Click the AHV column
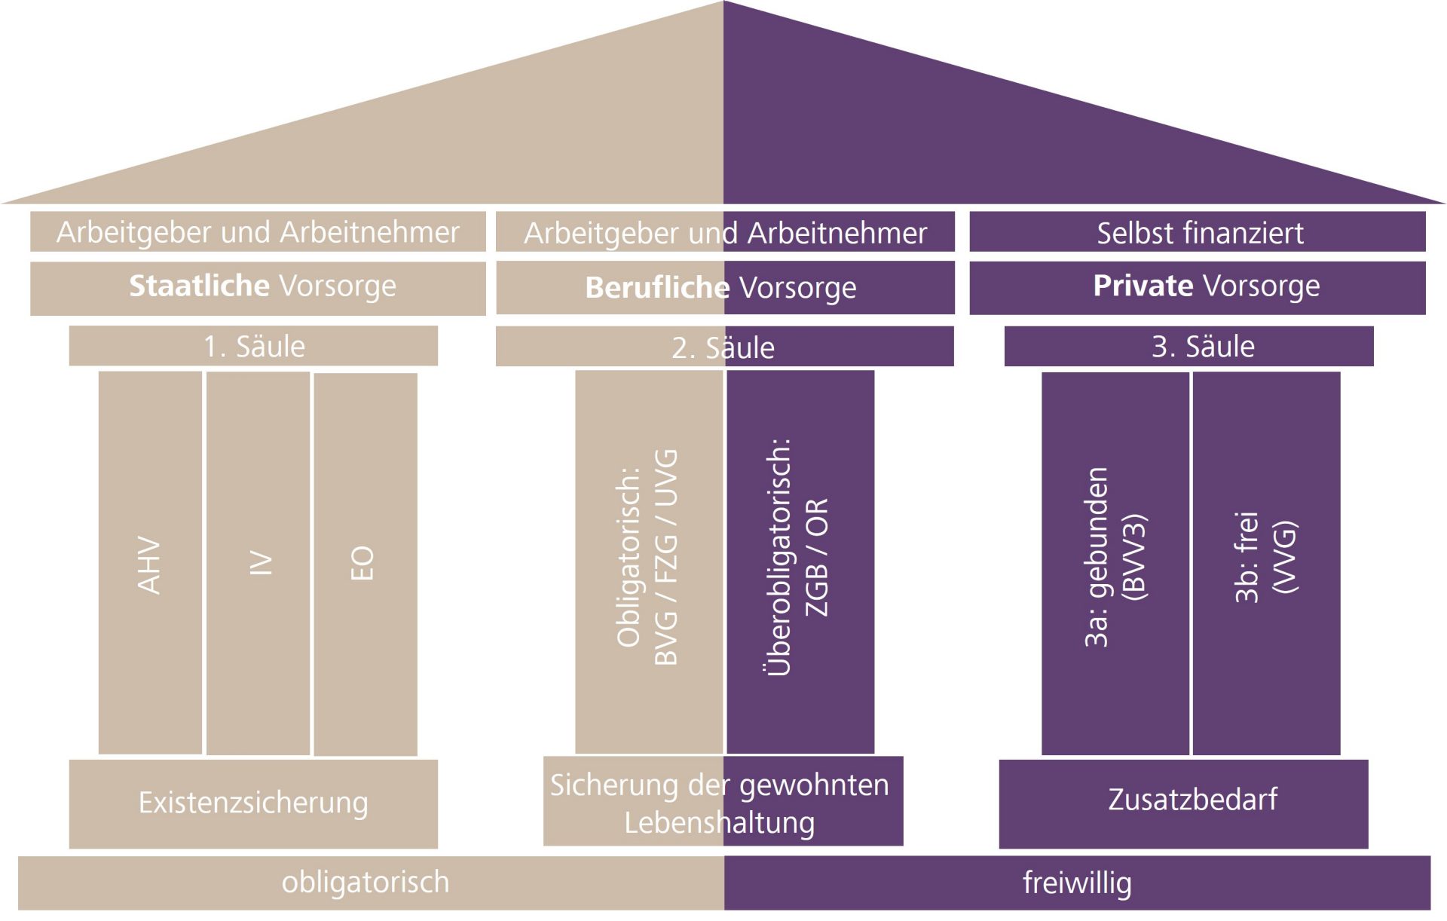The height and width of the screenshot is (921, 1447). [150, 563]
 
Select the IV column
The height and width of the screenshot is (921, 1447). [258, 563]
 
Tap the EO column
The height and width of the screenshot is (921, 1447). [365, 564]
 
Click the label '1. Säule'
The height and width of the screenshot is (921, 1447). [254, 346]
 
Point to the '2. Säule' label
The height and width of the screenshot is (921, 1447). [723, 347]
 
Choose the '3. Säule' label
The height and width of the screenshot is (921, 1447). [1203, 346]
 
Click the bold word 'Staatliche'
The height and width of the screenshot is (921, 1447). [199, 286]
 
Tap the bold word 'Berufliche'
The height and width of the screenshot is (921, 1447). [657, 288]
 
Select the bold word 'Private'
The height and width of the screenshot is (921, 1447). [1143, 286]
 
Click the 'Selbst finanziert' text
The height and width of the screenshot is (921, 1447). [1200, 233]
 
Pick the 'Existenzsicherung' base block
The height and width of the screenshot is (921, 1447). [253, 803]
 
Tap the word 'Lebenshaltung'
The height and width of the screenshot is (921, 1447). [719, 822]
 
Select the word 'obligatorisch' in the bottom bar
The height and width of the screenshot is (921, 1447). [366, 882]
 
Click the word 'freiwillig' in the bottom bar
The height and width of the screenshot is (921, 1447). [1077, 883]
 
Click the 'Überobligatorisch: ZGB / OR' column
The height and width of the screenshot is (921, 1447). [799, 561]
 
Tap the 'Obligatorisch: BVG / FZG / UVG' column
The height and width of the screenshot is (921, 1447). [648, 561]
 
